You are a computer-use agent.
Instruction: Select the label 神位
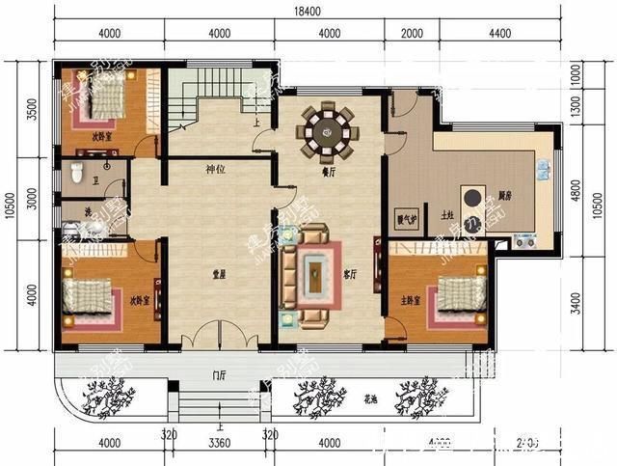(215, 170)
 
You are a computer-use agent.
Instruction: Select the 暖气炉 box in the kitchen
(406, 219)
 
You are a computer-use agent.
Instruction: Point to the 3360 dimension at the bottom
(219, 444)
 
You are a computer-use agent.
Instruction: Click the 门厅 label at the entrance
(219, 374)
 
